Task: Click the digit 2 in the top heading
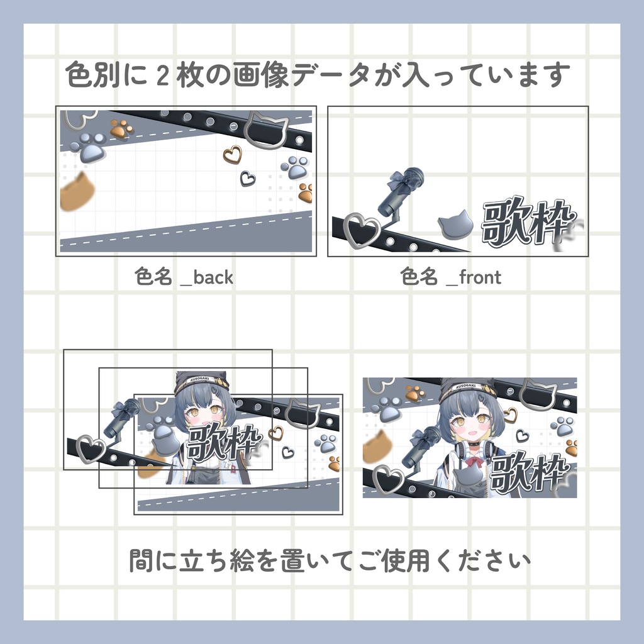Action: pyautogui.click(x=163, y=76)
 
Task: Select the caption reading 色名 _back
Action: pyautogui.click(x=184, y=277)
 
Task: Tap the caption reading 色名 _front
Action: pyautogui.click(x=451, y=277)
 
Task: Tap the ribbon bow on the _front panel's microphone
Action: pyautogui.click(x=400, y=182)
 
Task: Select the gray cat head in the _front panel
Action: pyautogui.click(x=455, y=224)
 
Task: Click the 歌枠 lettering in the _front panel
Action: pyautogui.click(x=528, y=222)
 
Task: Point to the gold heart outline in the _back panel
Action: pyautogui.click(x=232, y=153)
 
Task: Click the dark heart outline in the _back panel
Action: pyautogui.click(x=248, y=178)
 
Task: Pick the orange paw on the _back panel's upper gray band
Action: pyautogui.click(x=121, y=130)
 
